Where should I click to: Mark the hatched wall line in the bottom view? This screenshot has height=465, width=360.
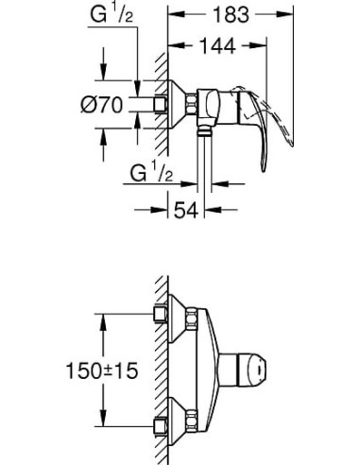[x=163, y=369]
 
